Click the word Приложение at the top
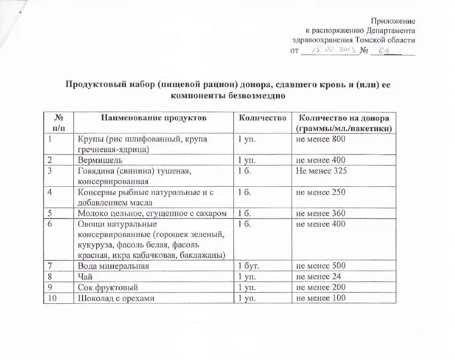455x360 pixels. [x=393, y=21]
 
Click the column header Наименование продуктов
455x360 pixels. [x=154, y=117]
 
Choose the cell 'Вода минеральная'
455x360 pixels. [x=113, y=266]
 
